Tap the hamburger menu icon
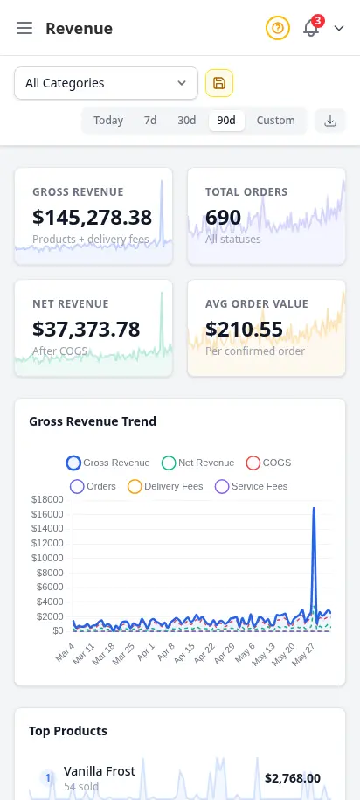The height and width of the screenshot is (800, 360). (x=24, y=28)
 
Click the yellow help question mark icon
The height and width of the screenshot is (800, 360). (x=277, y=28)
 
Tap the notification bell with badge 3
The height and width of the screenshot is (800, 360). (x=311, y=28)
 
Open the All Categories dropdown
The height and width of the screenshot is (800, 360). (x=106, y=83)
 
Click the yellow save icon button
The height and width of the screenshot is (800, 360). (x=219, y=83)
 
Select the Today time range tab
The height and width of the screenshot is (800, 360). (x=108, y=121)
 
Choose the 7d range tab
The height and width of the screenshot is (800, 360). (x=150, y=121)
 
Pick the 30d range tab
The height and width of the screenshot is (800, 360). (x=187, y=121)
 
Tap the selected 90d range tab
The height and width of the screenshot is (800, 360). (x=226, y=121)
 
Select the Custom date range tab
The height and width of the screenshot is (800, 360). (x=275, y=121)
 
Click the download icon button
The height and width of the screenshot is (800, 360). (x=330, y=121)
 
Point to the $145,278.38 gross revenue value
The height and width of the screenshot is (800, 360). (x=93, y=218)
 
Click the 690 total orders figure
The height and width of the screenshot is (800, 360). (x=224, y=218)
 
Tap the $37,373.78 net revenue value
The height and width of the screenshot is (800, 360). (x=87, y=330)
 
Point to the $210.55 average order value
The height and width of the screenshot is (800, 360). (x=245, y=330)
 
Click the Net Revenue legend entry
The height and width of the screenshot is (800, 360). (x=197, y=463)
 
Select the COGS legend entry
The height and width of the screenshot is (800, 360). (x=269, y=463)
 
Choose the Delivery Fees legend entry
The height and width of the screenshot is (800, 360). (x=165, y=486)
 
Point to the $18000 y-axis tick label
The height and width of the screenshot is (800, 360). (x=47, y=499)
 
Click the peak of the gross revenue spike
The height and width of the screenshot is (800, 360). (x=314, y=508)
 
